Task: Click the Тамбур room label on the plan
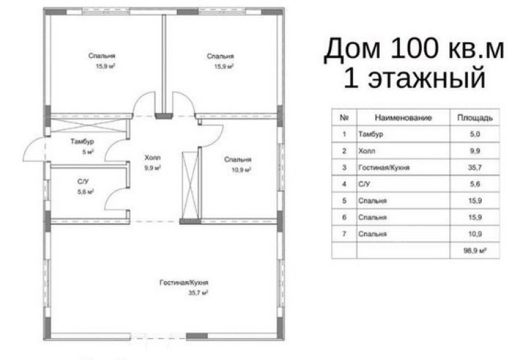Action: pos(82,142)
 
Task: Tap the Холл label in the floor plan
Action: pos(153,158)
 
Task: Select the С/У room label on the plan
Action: pos(83,182)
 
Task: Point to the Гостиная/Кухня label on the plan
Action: pos(184,283)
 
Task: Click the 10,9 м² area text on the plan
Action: pos(241,170)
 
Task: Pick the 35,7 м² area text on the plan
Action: pos(198,293)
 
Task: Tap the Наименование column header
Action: pos(403,118)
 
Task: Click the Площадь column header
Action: pos(475,118)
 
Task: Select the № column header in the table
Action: pos(344,118)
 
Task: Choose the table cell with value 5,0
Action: pos(475,134)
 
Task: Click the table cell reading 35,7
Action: pos(475,167)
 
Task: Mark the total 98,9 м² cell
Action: pos(475,251)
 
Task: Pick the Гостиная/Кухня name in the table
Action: pos(383,167)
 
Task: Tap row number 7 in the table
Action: pos(344,234)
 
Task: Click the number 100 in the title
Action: pos(414,49)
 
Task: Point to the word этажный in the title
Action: pos(427,78)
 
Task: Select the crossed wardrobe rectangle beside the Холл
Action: pos(191,185)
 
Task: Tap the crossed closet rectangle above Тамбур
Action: pos(88,125)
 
